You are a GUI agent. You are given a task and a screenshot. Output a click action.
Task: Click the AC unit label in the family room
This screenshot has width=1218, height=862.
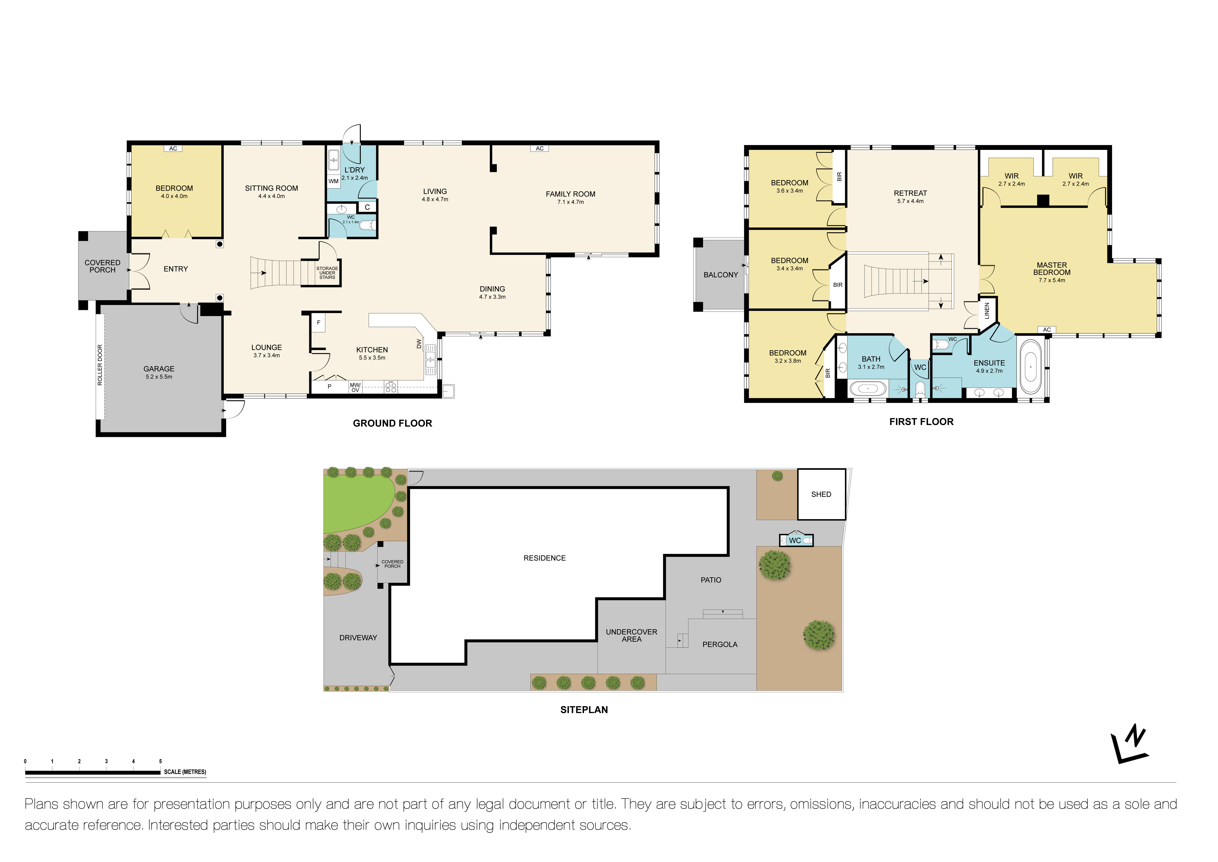pos(540,149)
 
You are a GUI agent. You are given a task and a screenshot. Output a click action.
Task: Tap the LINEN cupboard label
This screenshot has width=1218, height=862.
pos(987,311)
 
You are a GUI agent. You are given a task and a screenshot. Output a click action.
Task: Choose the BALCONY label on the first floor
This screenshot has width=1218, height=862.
pos(720,275)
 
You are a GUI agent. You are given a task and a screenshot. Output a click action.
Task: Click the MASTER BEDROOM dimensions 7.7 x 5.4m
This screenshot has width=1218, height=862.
pos(1051,280)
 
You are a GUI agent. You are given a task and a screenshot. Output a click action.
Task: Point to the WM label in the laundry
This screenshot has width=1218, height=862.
pos(333,181)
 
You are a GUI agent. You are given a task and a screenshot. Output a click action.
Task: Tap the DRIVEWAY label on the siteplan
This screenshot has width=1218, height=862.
pos(358,637)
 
